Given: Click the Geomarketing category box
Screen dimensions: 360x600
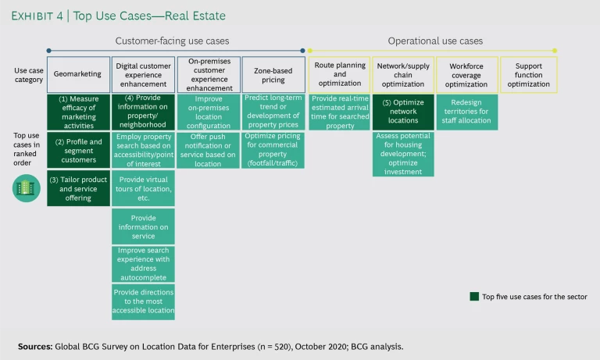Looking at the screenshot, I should pyautogui.click(x=78, y=75).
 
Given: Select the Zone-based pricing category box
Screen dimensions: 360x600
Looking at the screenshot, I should pyautogui.click(x=273, y=75).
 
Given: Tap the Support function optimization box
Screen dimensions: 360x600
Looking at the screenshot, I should pyautogui.click(x=528, y=75).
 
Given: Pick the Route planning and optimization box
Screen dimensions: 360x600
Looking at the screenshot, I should pyautogui.click(x=339, y=75).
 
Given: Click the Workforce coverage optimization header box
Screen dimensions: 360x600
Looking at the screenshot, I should pyautogui.click(x=466, y=75).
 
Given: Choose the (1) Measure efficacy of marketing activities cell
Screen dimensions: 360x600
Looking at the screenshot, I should pyautogui.click(x=78, y=112).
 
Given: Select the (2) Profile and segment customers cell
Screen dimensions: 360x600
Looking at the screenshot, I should pyautogui.click(x=78, y=150).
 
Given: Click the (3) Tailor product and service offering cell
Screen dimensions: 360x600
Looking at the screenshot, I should pyautogui.click(x=78, y=188).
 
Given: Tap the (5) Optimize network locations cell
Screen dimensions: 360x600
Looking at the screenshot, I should pyautogui.click(x=403, y=112).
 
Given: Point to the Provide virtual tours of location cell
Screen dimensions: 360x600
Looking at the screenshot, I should pyautogui.click(x=143, y=188).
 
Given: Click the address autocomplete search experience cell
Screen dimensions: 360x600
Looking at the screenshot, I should pyautogui.click(x=143, y=263).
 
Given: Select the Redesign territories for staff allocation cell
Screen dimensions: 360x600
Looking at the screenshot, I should pyautogui.click(x=466, y=112).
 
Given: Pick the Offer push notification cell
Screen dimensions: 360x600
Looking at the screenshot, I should pyautogui.click(x=208, y=150).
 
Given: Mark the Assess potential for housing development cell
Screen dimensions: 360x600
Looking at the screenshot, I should pyautogui.click(x=403, y=154).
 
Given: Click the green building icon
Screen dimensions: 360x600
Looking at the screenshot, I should pyautogui.click(x=27, y=189).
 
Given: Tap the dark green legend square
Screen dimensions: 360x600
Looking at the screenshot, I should pyautogui.click(x=474, y=297).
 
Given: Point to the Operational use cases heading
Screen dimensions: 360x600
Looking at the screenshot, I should pyautogui.click(x=435, y=41).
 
